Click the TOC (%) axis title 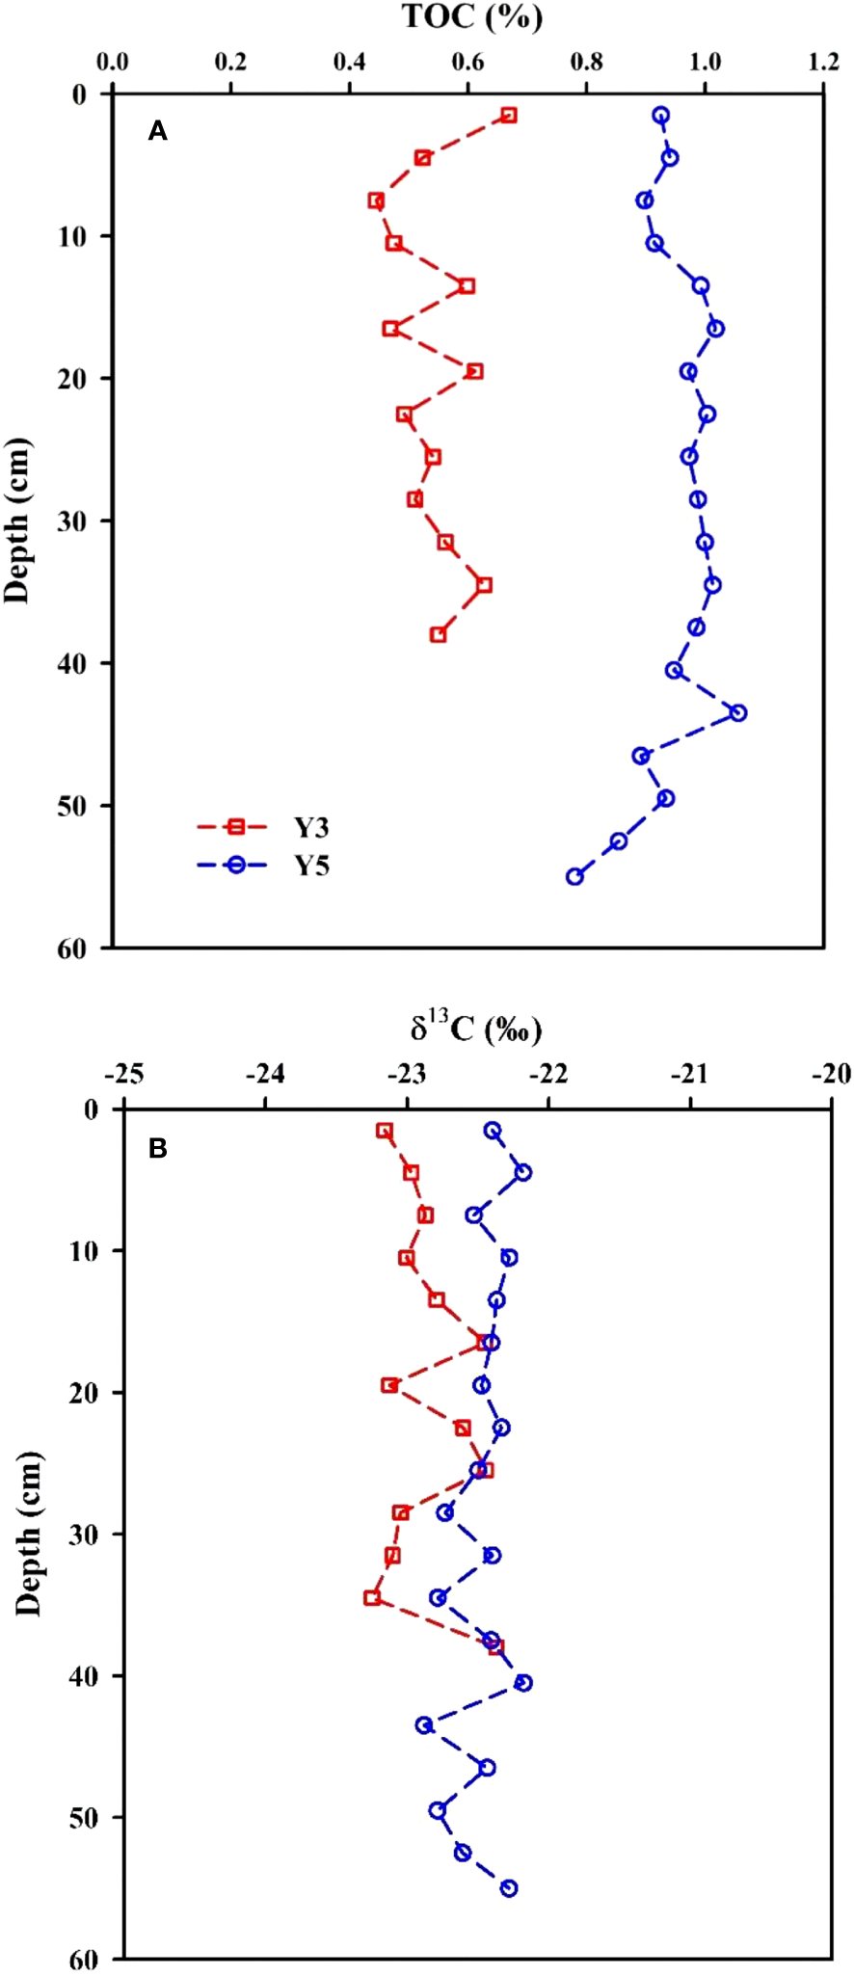pyautogui.click(x=471, y=16)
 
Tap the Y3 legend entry pyautogui.click(x=311, y=827)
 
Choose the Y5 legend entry pyautogui.click(x=311, y=866)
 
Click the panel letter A pyautogui.click(x=157, y=131)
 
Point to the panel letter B pyautogui.click(x=157, y=1148)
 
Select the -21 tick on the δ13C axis pyautogui.click(x=690, y=1074)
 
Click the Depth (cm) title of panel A pyautogui.click(x=17, y=521)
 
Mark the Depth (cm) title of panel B pyautogui.click(x=29, y=1533)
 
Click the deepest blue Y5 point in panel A pyautogui.click(x=574, y=876)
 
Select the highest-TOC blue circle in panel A pyautogui.click(x=738, y=712)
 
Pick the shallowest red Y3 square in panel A pyautogui.click(x=509, y=115)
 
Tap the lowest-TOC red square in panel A pyautogui.click(x=376, y=200)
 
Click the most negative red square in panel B pyautogui.click(x=372, y=1597)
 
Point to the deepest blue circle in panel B pyautogui.click(x=509, y=1887)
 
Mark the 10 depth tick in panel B pyautogui.click(x=88, y=1251)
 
